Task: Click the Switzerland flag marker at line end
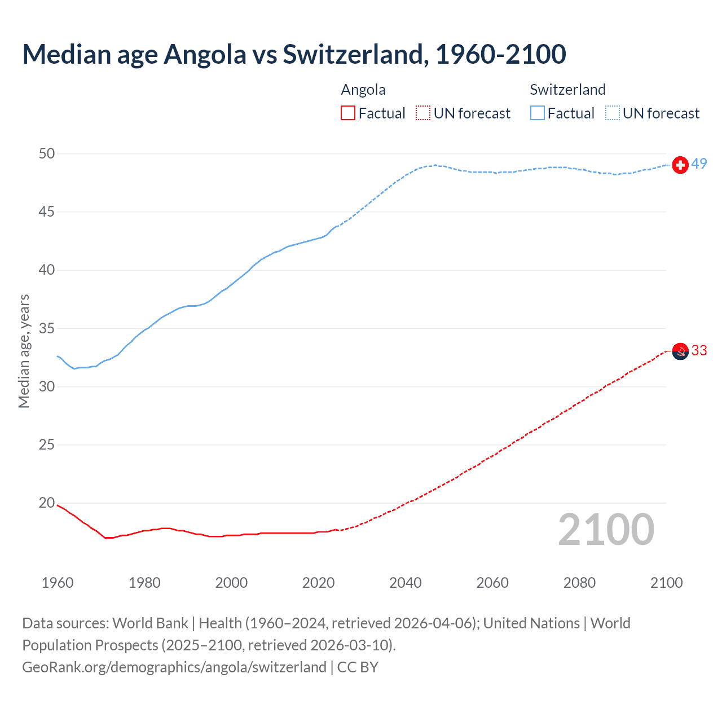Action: click(x=680, y=165)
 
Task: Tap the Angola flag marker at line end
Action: click(x=680, y=351)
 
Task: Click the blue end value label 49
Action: click(x=699, y=164)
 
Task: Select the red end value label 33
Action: click(x=699, y=351)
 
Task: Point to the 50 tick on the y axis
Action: click(x=47, y=154)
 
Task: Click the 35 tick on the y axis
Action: click(x=47, y=328)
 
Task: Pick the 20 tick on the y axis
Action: click(x=47, y=503)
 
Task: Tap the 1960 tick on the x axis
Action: click(x=58, y=583)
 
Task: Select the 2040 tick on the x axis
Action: click(x=406, y=583)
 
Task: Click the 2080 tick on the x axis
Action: click(x=579, y=583)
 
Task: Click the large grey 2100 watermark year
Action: click(x=606, y=530)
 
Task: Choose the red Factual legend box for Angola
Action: click(x=348, y=113)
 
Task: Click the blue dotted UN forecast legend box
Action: click(x=613, y=113)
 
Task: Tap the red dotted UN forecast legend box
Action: click(x=423, y=113)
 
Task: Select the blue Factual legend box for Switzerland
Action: click(x=538, y=113)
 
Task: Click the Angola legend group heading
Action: click(x=363, y=90)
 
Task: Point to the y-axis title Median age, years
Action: click(x=24, y=351)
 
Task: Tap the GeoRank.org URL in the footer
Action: click(x=174, y=667)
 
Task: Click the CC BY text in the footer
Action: click(x=358, y=667)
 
